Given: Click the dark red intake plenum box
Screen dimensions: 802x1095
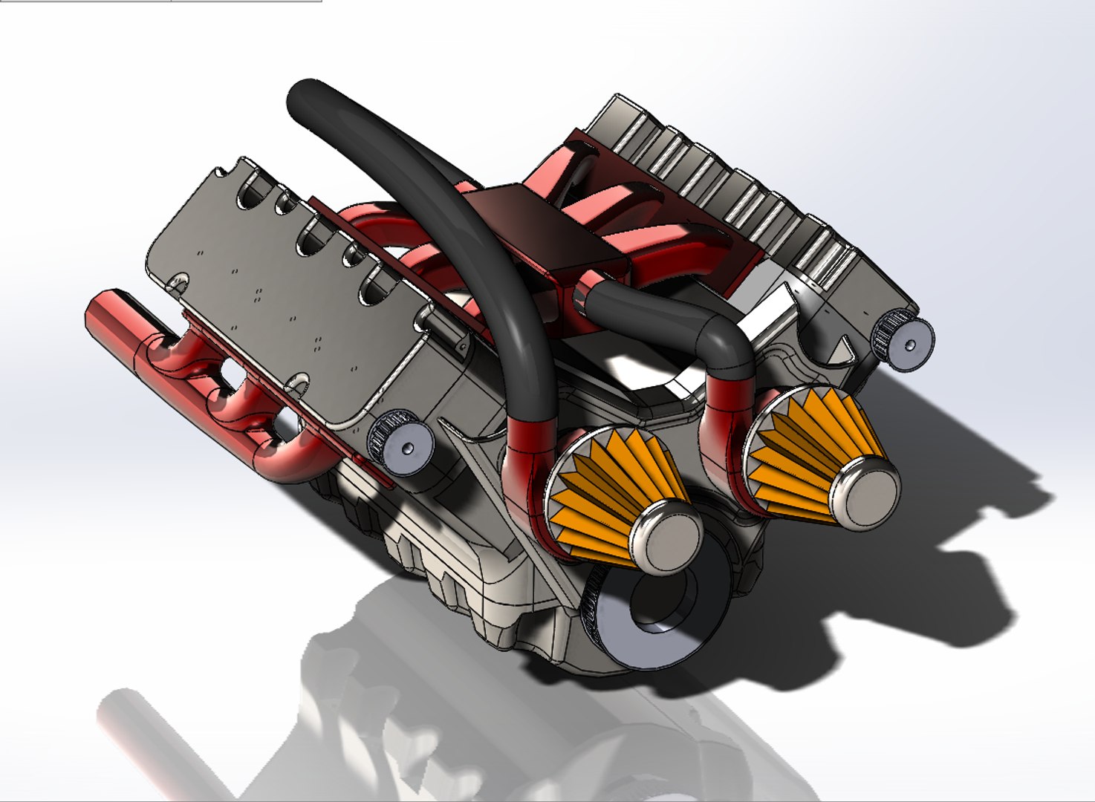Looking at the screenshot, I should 550,230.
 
